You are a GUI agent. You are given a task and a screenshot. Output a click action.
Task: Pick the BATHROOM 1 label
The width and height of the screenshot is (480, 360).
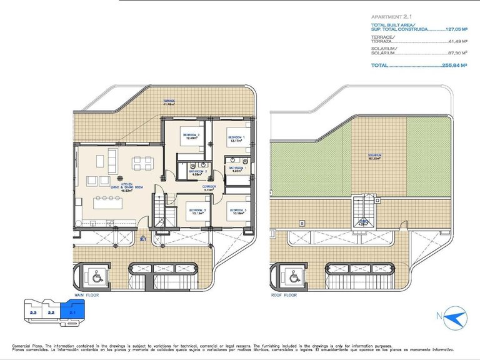pos(237,169)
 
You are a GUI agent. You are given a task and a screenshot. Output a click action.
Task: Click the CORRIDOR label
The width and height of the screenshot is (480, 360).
pos(209,187)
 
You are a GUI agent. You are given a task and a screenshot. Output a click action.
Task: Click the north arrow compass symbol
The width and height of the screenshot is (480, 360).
pos(454,318)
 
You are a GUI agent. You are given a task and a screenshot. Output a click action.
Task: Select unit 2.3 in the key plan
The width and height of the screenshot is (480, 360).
pos(33,311)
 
